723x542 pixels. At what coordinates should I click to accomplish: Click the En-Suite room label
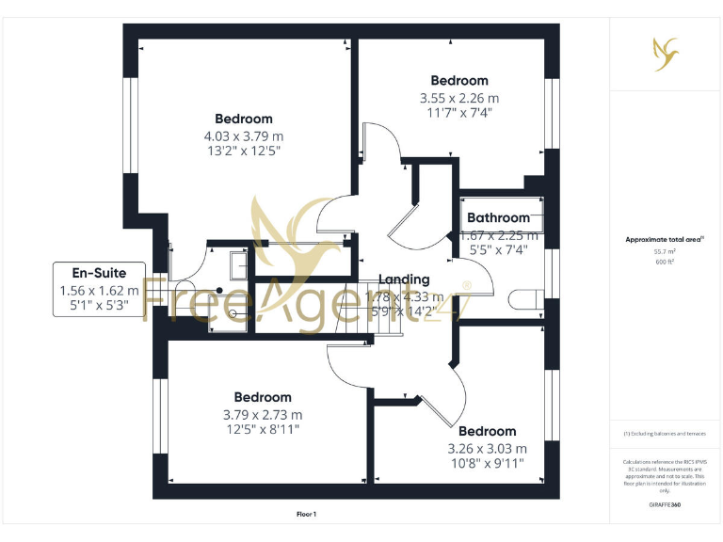(99, 273)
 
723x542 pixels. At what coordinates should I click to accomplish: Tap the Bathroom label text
(498, 218)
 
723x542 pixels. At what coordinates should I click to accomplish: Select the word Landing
(404, 279)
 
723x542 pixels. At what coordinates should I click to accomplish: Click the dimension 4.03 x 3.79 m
(243, 135)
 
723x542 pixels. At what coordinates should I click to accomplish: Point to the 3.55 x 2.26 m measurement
(459, 98)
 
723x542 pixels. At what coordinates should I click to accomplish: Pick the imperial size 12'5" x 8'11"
(263, 430)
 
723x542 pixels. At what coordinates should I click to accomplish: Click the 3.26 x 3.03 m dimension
(488, 448)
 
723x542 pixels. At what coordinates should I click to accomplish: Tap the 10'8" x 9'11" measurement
(488, 463)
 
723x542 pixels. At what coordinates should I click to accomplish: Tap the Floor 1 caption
(306, 514)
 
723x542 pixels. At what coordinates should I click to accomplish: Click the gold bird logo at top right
(665, 53)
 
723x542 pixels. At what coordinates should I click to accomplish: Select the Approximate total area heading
(663, 240)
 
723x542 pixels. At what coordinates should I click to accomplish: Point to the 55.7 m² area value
(665, 252)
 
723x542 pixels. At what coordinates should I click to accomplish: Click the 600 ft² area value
(665, 263)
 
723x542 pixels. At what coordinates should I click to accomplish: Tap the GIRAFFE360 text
(665, 505)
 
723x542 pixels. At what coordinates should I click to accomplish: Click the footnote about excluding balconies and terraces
(665, 433)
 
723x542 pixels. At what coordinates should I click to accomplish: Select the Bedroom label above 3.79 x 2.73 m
(263, 397)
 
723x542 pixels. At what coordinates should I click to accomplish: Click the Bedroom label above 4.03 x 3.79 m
(243, 119)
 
